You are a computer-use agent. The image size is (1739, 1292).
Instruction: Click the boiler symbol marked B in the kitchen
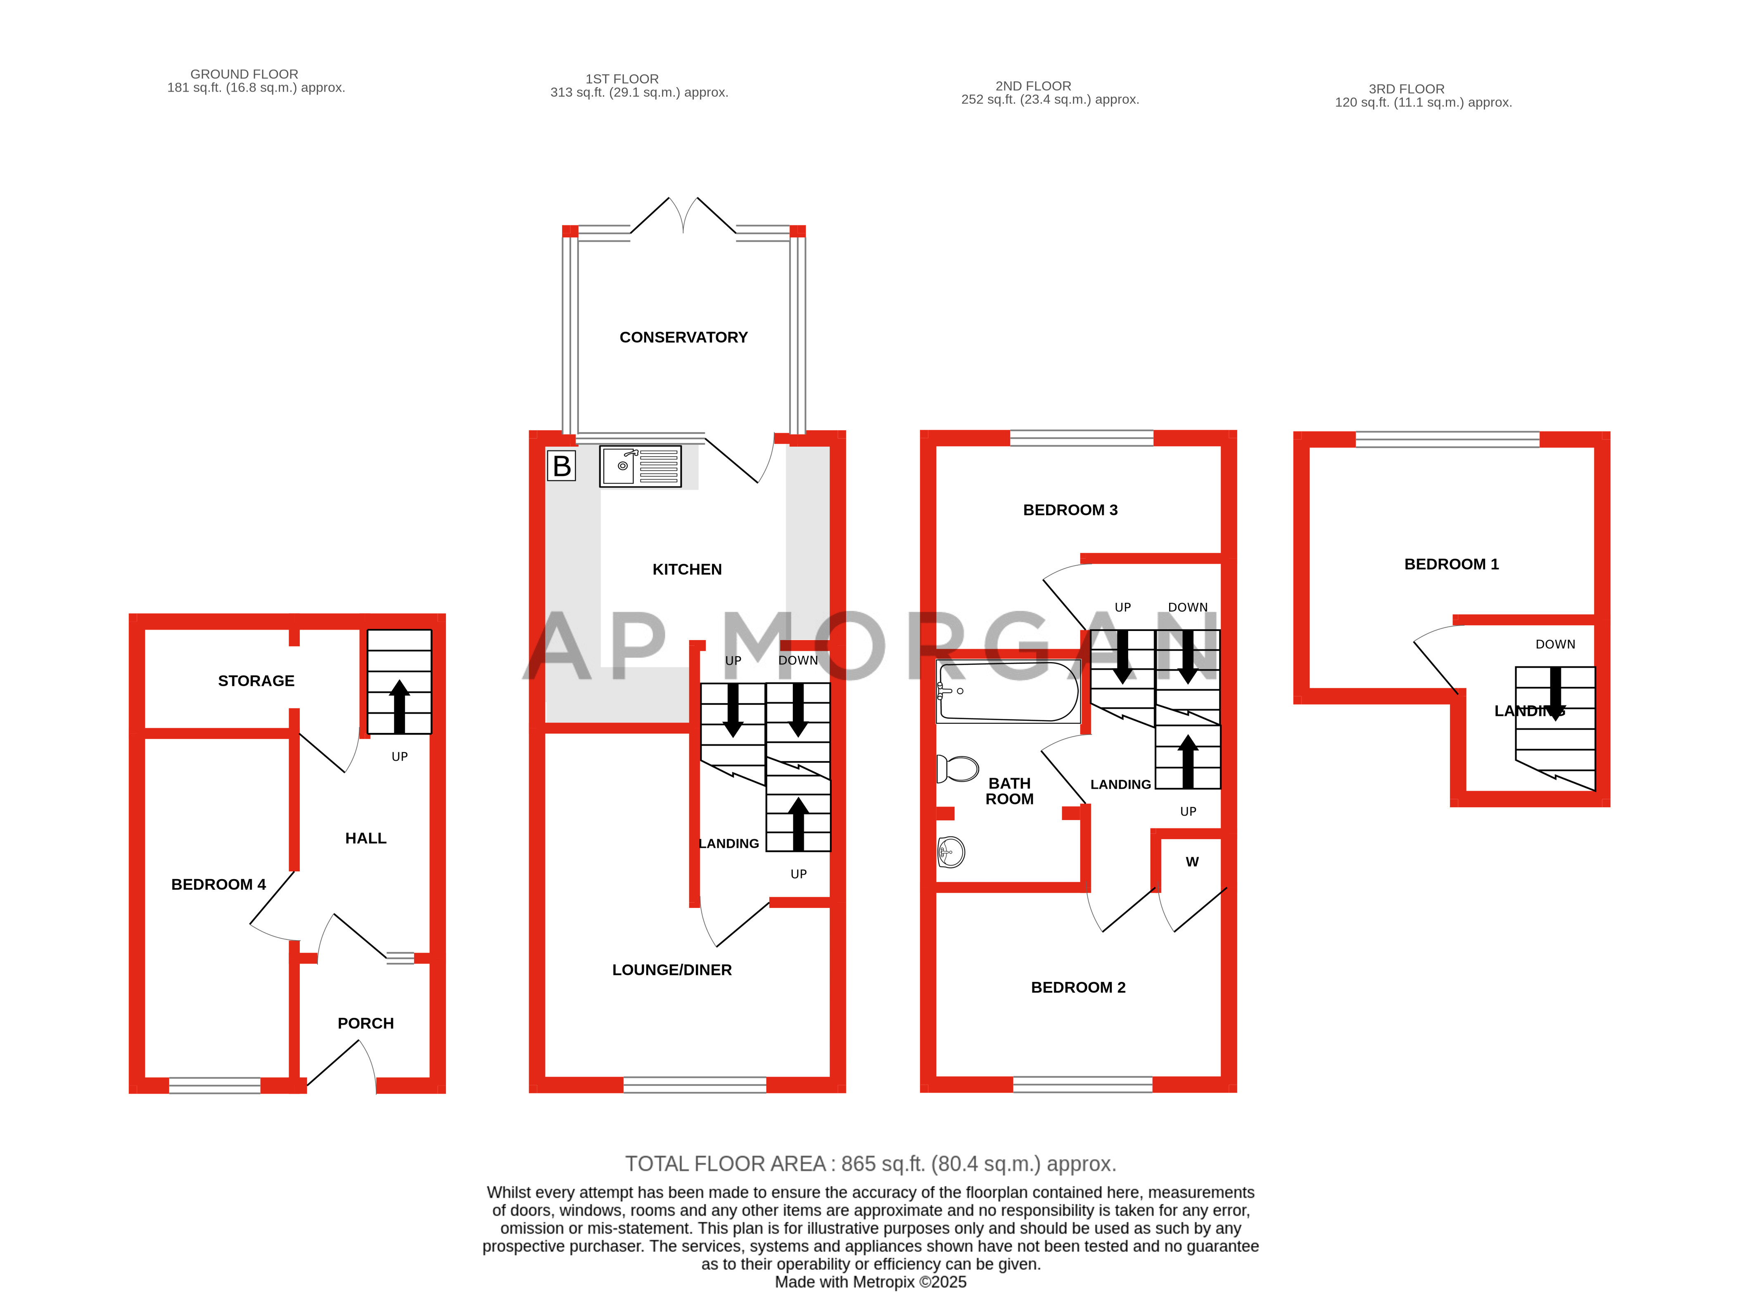[x=561, y=466]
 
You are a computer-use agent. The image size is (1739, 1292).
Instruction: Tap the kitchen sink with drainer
[x=640, y=466]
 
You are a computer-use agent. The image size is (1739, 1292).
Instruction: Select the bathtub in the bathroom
[x=1008, y=691]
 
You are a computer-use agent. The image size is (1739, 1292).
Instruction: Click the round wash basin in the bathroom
[x=951, y=852]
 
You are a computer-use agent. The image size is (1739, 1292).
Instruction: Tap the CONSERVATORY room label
[x=683, y=337]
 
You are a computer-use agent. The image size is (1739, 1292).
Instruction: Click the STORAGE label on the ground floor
[x=256, y=680]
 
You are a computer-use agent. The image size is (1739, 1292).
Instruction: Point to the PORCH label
[x=365, y=1023]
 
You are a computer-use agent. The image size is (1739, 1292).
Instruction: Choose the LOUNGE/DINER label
[x=671, y=970]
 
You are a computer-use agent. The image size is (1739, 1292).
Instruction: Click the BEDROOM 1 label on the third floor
[x=1451, y=564]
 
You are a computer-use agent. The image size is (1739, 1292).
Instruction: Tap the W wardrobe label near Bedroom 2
[x=1191, y=862]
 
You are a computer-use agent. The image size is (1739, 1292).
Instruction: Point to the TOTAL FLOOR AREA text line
[x=870, y=1164]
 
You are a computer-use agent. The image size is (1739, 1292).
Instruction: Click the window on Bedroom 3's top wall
[x=1081, y=438]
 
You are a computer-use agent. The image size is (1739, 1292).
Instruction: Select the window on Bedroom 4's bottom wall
[x=214, y=1085]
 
